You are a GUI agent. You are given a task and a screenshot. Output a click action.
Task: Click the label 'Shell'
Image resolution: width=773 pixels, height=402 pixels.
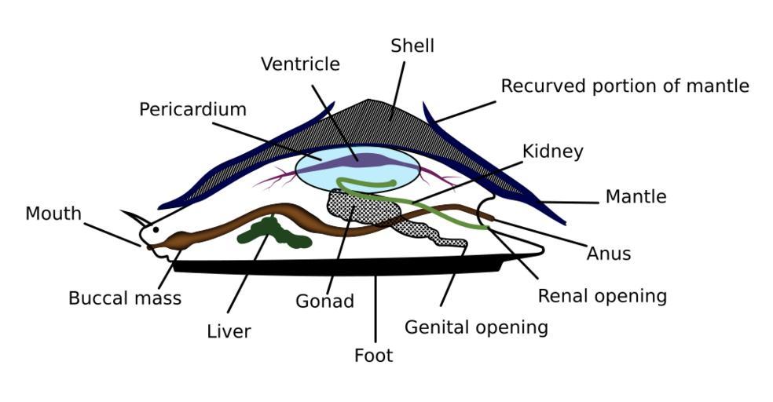[x=412, y=46]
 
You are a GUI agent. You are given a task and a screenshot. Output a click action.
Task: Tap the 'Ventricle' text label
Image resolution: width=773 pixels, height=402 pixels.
[x=300, y=64]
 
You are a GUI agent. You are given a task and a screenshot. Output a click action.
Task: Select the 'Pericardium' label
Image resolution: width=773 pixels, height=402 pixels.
[x=192, y=110]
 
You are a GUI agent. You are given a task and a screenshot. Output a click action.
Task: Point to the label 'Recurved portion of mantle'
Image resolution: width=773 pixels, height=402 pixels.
[x=625, y=86]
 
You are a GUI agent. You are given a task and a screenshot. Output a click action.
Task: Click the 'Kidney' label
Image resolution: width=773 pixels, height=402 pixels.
[x=552, y=152]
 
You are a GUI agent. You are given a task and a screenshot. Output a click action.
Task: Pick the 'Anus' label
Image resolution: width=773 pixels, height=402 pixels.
[x=608, y=254]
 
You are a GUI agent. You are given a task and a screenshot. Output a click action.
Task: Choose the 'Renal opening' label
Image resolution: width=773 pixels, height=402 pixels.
[x=602, y=296]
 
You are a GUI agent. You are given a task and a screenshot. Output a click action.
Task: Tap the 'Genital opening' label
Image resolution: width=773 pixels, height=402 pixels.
[x=476, y=327]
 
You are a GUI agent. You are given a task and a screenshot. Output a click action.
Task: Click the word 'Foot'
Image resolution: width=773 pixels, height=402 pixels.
[x=373, y=356]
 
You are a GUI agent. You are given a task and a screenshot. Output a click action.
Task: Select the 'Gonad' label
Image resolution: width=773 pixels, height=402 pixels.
[x=324, y=301]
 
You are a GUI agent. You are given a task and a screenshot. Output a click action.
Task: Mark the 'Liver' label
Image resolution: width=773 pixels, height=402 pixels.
[x=229, y=332]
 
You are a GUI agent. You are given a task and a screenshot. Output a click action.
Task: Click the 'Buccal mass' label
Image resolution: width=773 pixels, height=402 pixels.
[x=125, y=298]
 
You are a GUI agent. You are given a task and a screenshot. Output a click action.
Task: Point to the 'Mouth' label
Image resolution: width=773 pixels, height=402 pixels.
[x=53, y=214]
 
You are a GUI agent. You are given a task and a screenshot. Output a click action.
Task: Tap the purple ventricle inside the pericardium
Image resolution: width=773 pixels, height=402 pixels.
[x=358, y=161]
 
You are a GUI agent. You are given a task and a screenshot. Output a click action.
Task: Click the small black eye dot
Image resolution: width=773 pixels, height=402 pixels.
[x=156, y=230]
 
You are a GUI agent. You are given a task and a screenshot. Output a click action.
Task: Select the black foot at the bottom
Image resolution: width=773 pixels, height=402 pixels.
[x=338, y=268]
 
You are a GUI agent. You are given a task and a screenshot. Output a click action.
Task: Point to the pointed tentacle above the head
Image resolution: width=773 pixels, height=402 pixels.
[x=134, y=215]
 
